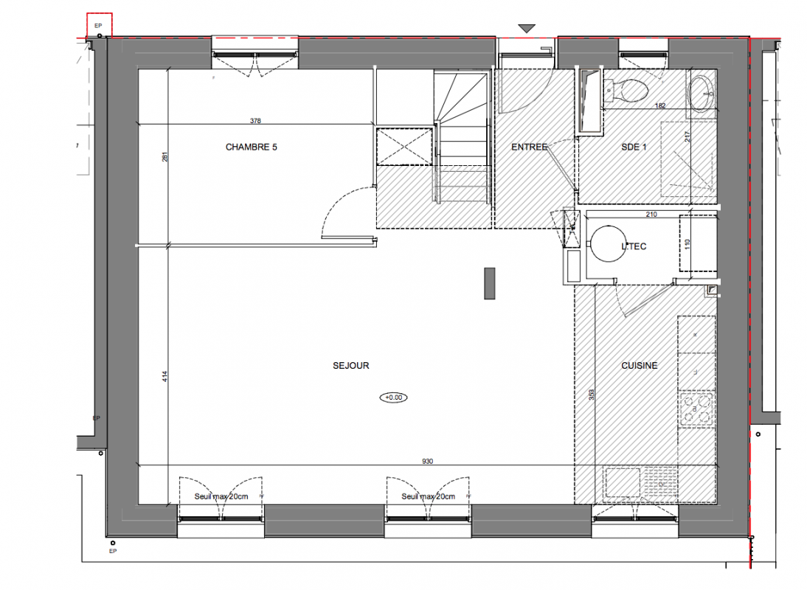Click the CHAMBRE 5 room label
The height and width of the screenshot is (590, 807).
click(251, 147)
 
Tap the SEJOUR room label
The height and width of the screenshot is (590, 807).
click(351, 366)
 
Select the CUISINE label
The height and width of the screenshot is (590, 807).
click(640, 366)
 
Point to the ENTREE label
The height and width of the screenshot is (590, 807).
click(529, 147)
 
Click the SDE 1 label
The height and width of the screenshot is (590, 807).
click(634, 147)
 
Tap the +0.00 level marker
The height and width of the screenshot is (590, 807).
click(394, 398)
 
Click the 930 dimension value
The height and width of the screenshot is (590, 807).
click(428, 462)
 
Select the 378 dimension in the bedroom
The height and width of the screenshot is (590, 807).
click(255, 121)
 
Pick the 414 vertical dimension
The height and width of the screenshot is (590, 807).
click(165, 377)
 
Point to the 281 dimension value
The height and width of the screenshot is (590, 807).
click(165, 157)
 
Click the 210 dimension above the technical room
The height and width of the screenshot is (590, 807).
click(651, 215)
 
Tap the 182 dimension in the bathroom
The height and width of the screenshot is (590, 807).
click(660, 105)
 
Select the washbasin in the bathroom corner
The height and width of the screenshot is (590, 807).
click(701, 94)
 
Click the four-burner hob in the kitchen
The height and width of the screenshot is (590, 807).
click(697, 409)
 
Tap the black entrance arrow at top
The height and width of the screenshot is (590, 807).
click(527, 29)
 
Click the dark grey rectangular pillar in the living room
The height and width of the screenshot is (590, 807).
click(490, 283)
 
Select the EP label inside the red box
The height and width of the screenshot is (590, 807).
click(98, 26)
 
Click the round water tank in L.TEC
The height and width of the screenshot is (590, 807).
click(609, 244)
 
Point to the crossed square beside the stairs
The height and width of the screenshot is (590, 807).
click(404, 147)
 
